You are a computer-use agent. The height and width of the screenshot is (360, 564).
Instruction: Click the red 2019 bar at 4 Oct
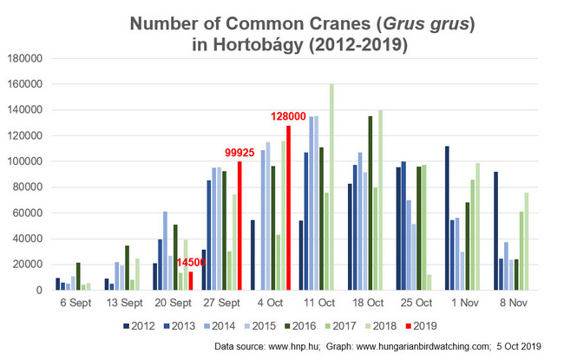click(289, 208)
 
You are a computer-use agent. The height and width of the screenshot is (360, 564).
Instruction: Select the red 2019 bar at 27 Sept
click(239, 226)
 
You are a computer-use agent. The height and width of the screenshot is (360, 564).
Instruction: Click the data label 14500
click(192, 263)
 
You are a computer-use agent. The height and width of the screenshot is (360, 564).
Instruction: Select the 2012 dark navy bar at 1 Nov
click(447, 218)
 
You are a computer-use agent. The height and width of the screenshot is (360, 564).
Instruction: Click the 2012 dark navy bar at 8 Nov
click(495, 231)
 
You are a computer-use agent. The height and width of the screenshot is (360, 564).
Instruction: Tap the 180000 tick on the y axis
click(28, 59)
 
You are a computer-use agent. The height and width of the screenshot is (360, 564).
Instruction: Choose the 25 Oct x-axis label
click(418, 304)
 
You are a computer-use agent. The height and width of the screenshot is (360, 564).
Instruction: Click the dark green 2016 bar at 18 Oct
click(371, 203)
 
